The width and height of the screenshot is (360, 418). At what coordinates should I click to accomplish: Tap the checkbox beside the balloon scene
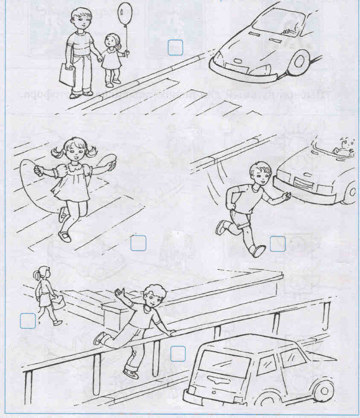pos(175,47)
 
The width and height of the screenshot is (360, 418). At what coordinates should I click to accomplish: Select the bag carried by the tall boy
pos(67,74)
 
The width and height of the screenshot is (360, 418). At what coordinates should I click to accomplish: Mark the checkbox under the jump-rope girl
pos(138,243)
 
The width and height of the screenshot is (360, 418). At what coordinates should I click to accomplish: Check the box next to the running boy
pos(278,244)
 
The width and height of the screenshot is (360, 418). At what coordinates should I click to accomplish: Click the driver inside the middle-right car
pos(343,147)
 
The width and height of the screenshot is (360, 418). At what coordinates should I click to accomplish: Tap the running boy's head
pos(260,175)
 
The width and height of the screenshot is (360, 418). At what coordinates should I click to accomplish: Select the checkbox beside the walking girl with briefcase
pos(28,320)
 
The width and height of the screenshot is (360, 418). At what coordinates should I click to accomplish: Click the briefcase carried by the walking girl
pos(58,302)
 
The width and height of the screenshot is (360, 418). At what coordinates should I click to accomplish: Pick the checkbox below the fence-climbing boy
pos(178,353)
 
